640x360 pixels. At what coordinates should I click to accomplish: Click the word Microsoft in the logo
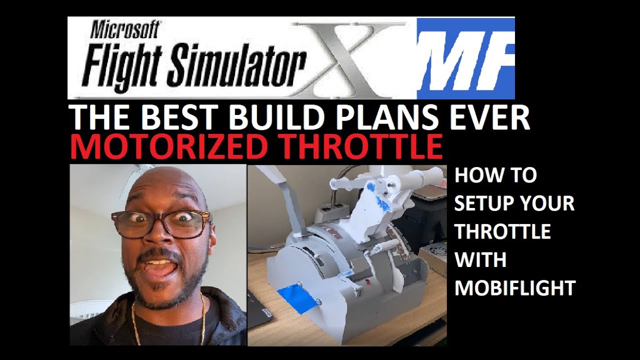pos(125,31)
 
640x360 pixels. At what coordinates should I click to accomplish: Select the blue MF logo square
pos(465,57)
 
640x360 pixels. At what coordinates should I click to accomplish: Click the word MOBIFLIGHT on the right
pos(515,288)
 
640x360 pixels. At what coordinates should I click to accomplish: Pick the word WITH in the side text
pos(480,260)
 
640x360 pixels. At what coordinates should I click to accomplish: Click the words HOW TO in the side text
pos(495,175)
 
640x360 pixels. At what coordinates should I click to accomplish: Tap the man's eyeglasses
pos(160,223)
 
